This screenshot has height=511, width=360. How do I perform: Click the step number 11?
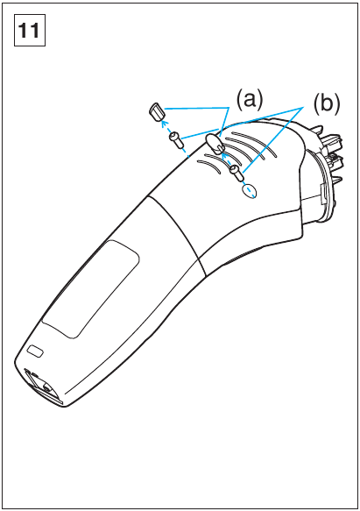(29, 30)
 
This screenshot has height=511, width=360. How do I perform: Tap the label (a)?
(250, 99)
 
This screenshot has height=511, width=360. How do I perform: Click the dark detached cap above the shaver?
(157, 112)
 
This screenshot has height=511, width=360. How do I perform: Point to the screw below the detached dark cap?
(174, 139)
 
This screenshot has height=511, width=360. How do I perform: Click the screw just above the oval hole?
(236, 173)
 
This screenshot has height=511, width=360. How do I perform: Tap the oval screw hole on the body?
(250, 191)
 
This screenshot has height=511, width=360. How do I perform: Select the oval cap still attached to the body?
(214, 144)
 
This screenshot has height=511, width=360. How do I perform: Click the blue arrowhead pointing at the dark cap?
(165, 124)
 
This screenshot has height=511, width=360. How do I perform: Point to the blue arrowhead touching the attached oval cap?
(223, 157)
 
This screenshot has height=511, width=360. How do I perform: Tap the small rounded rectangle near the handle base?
(35, 351)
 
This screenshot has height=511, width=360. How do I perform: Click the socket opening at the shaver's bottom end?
(42, 385)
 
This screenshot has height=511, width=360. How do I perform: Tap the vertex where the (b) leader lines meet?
(304, 107)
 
